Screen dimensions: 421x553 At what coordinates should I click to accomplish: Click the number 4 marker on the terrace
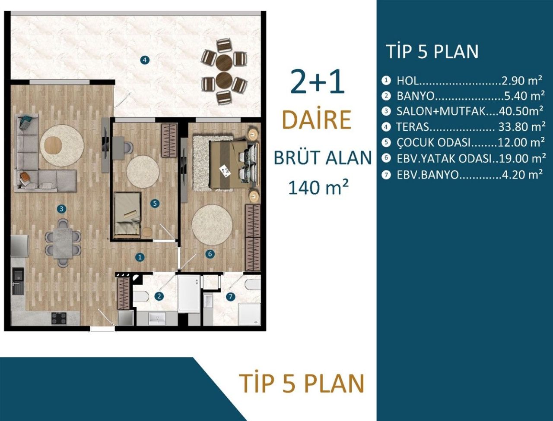(x=145, y=60)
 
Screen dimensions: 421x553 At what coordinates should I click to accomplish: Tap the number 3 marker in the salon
(x=62, y=209)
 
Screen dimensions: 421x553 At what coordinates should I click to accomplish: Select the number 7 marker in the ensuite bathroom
(x=231, y=296)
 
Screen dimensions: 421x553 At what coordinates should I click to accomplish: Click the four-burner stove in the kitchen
(x=59, y=318)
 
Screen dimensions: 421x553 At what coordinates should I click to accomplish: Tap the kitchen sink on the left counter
(x=18, y=281)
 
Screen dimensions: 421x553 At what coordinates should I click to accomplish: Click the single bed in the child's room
(x=127, y=215)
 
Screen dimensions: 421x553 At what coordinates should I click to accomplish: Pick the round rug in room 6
(x=212, y=225)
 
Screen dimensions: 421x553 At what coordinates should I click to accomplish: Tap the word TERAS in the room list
(x=413, y=127)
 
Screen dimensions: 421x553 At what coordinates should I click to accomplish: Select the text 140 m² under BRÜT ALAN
(x=318, y=187)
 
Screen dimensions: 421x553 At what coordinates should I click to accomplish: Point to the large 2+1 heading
(x=317, y=82)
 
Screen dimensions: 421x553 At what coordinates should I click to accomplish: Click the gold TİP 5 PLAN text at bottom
(x=302, y=383)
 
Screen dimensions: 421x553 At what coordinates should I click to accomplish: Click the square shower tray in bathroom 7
(x=250, y=314)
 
